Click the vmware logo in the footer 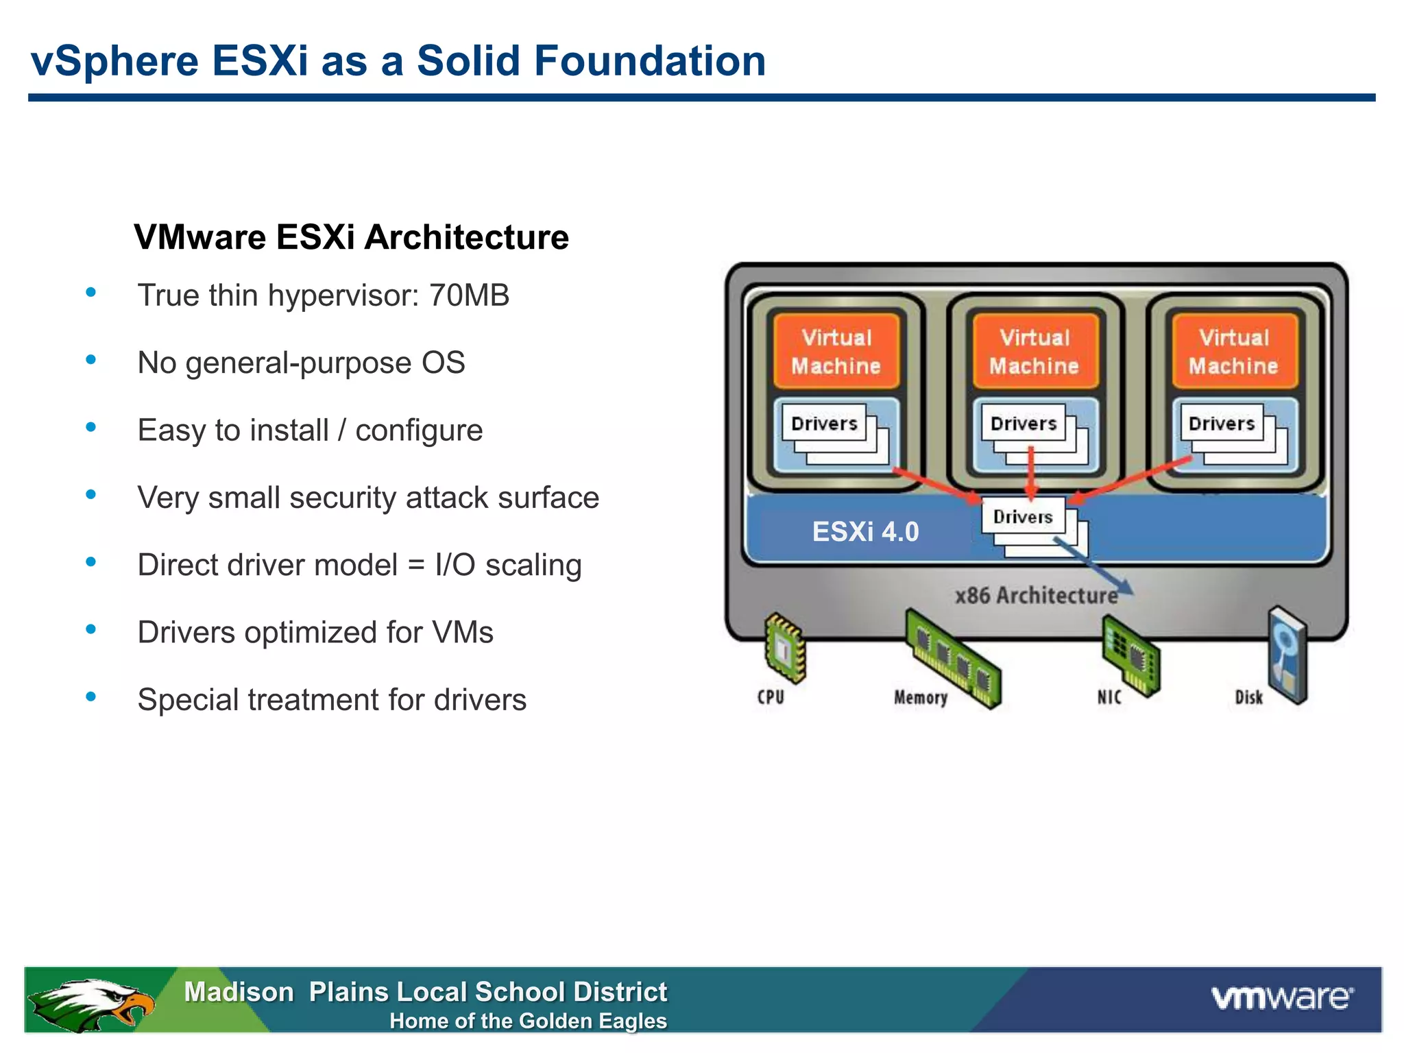1282,997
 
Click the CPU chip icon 784,648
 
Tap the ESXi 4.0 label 865,532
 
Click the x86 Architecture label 1036,595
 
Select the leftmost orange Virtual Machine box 836,351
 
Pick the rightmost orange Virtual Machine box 1233,351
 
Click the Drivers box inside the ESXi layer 1024,517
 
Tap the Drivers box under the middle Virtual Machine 1024,424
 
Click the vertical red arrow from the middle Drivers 1031,473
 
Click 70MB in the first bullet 469,295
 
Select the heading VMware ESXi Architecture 351,237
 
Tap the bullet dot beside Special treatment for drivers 90,697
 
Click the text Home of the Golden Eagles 528,1021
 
